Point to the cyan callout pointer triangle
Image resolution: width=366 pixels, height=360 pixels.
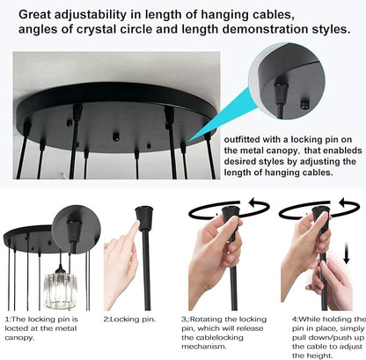(x=223, y=116)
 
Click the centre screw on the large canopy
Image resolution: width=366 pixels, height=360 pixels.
(x=116, y=136)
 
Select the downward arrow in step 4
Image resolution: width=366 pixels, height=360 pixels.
(x=347, y=253)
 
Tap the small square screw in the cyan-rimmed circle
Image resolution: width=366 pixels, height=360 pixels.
(x=306, y=103)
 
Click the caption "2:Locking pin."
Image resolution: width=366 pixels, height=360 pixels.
(x=129, y=320)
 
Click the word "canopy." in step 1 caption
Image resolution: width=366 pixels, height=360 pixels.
(x=19, y=338)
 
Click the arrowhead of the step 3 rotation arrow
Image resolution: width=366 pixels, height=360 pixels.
(x=253, y=202)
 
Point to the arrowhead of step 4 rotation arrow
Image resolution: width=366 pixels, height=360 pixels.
(x=342, y=202)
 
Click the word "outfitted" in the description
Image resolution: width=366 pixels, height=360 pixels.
(x=243, y=140)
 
